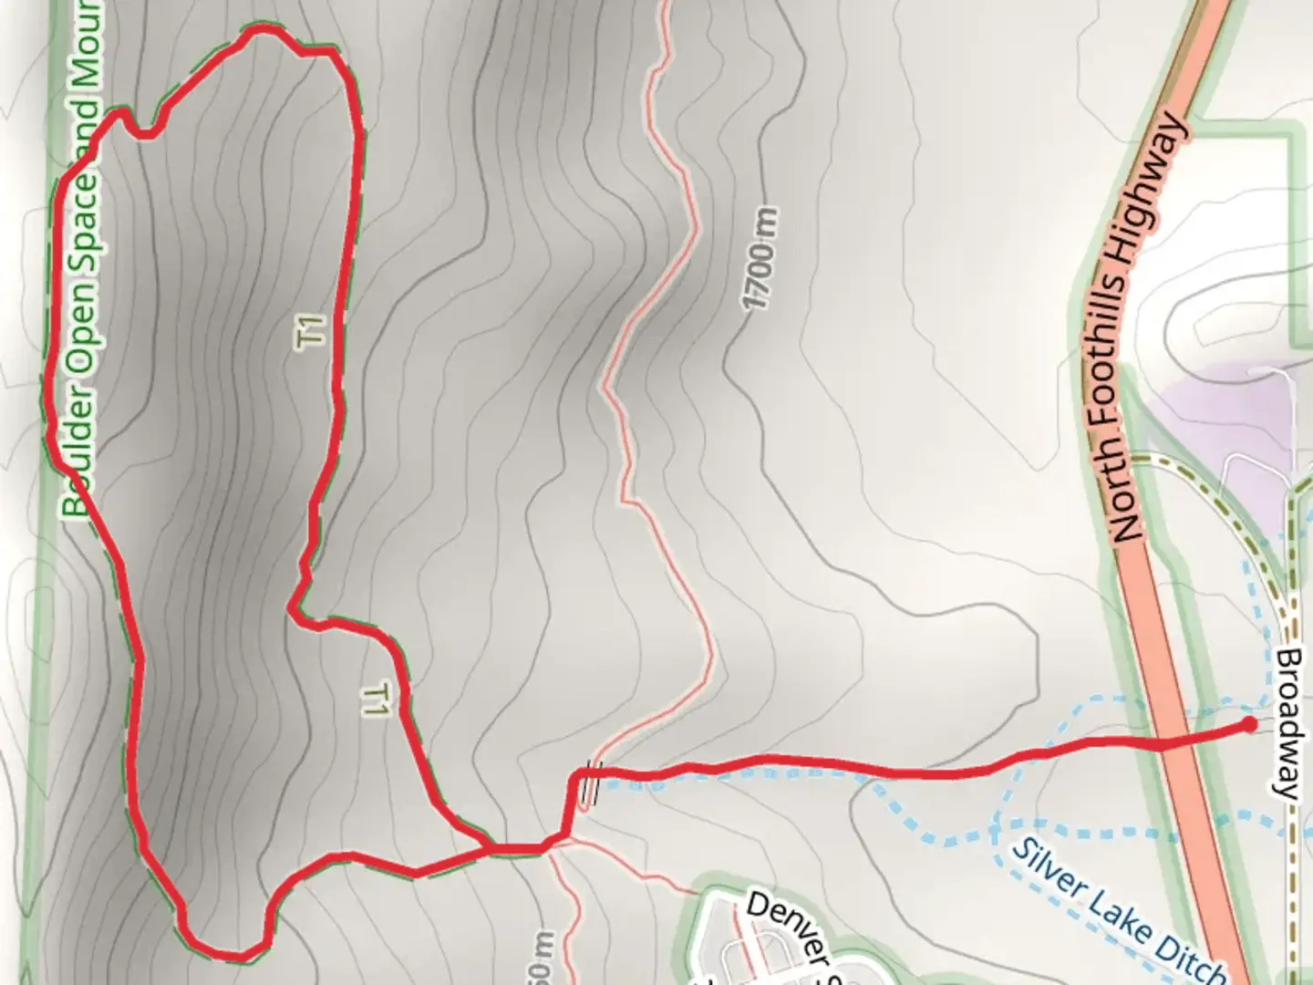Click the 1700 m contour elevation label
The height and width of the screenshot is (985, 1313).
[761, 259]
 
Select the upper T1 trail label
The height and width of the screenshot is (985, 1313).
[312, 330]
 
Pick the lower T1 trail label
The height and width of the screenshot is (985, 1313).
[375, 699]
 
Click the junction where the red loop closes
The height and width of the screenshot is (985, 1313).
[489, 849]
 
